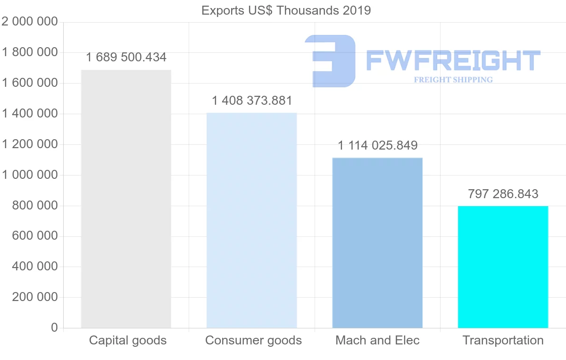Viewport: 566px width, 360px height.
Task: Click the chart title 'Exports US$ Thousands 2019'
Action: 286,10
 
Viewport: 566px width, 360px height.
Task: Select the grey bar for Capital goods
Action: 126,199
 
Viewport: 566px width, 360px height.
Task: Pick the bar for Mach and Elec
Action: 377,243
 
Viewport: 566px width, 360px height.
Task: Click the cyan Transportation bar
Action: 503,267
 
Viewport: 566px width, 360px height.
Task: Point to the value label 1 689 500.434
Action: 126,58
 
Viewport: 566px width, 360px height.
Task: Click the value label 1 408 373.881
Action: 252,100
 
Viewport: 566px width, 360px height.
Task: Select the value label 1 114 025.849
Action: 377,145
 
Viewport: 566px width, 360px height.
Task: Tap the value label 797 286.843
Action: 503,194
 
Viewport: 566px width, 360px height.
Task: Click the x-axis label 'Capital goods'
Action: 128,340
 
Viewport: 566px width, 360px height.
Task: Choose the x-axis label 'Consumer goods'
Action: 253,340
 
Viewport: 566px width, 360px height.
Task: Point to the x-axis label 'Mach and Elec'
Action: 377,340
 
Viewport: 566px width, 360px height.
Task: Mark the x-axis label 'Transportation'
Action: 503,340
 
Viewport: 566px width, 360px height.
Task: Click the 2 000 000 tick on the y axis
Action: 30,22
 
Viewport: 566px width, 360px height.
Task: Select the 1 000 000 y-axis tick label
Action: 30,175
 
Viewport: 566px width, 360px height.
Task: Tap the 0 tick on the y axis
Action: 54,328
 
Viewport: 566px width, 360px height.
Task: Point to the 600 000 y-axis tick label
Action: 34,236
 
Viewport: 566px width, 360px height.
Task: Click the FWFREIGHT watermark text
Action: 453,60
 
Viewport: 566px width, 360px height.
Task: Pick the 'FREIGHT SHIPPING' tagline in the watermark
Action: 453,80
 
